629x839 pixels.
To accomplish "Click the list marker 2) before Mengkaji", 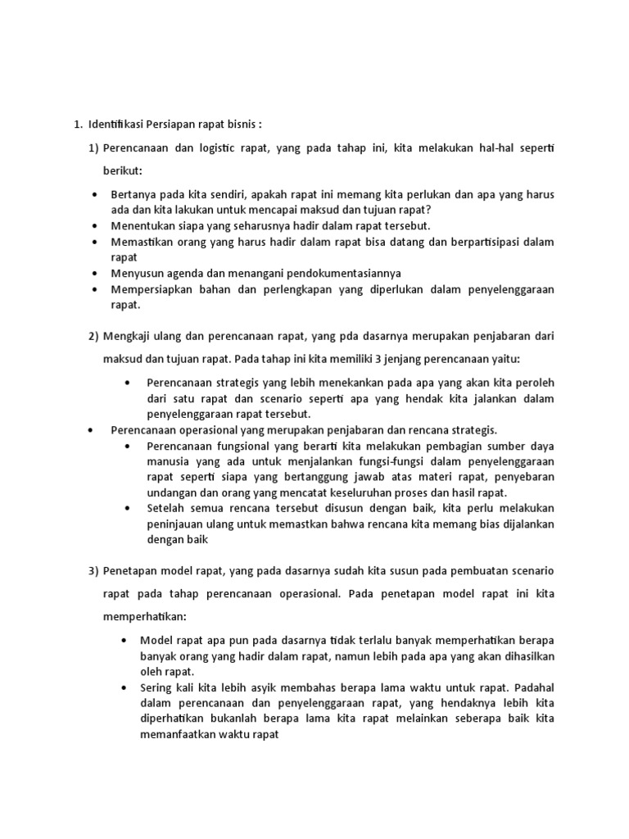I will point(93,336).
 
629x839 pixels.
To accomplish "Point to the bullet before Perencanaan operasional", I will point(91,430).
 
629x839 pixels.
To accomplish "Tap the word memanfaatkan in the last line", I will point(179,734).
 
